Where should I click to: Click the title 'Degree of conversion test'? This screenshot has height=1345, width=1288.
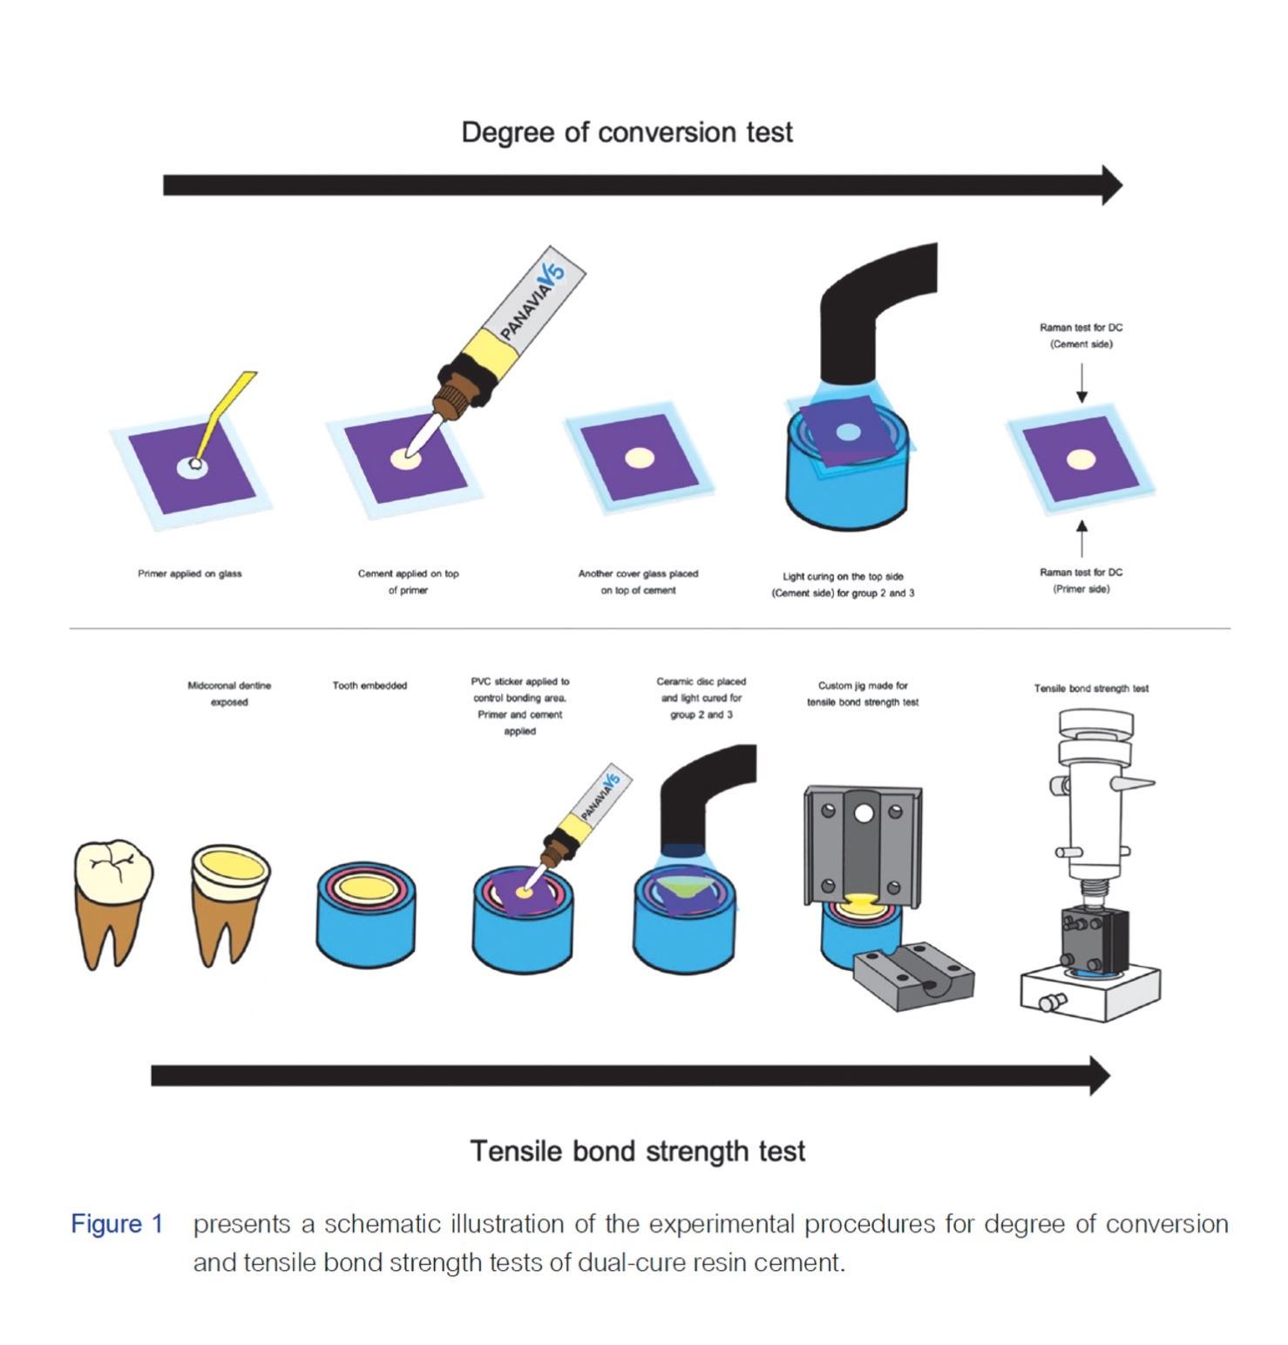(x=627, y=132)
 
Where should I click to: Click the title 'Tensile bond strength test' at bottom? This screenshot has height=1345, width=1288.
(x=637, y=1151)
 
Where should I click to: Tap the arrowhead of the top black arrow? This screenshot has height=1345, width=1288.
(x=1112, y=185)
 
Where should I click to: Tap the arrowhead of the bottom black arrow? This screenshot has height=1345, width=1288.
(x=1100, y=1076)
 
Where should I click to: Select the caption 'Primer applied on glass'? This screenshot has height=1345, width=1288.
(x=189, y=574)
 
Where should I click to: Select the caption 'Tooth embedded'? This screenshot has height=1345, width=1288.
(x=369, y=686)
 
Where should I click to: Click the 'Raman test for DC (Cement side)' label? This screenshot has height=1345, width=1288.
(x=1081, y=336)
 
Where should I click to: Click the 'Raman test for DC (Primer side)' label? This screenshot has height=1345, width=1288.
(x=1081, y=581)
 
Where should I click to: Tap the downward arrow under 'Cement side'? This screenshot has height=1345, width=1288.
(x=1081, y=384)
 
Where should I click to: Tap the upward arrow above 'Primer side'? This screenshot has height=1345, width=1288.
(x=1081, y=538)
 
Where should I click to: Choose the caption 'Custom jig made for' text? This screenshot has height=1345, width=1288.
(x=862, y=686)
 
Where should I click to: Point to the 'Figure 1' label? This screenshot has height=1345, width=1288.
(x=117, y=1224)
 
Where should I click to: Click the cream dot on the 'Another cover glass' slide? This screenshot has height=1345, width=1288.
(x=639, y=458)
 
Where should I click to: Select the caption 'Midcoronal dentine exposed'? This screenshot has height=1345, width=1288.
(x=229, y=694)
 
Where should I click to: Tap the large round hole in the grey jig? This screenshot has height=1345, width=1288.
(x=864, y=813)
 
